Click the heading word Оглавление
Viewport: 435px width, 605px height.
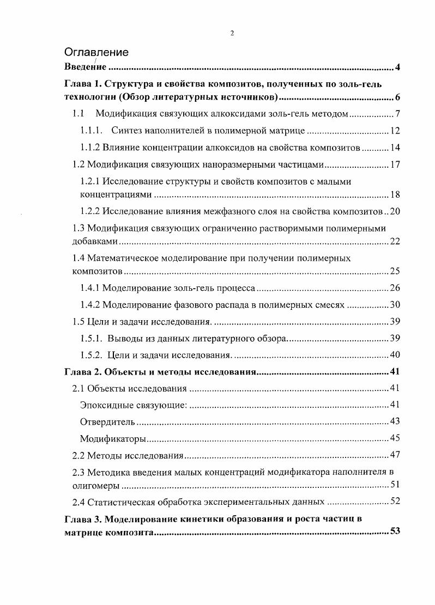[x=96, y=52]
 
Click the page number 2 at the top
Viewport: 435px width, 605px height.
[x=232, y=33]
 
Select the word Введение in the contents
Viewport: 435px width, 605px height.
[x=84, y=68]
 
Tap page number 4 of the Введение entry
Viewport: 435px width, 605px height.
[x=398, y=68]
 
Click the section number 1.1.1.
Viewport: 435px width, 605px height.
[x=91, y=131]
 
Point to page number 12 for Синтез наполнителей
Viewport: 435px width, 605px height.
[x=395, y=131]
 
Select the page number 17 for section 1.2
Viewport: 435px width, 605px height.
[x=395, y=164]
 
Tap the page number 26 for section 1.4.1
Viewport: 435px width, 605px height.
[x=395, y=288]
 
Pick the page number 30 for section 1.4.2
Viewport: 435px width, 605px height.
[x=395, y=304]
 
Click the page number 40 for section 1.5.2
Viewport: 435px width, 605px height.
[x=395, y=355]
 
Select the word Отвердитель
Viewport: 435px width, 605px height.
[x=107, y=422]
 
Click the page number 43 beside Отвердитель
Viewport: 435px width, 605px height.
[x=395, y=422]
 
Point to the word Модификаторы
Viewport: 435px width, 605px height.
[x=113, y=439]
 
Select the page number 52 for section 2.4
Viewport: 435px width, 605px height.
[x=395, y=502]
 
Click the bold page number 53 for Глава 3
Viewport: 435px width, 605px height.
[x=395, y=531]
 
